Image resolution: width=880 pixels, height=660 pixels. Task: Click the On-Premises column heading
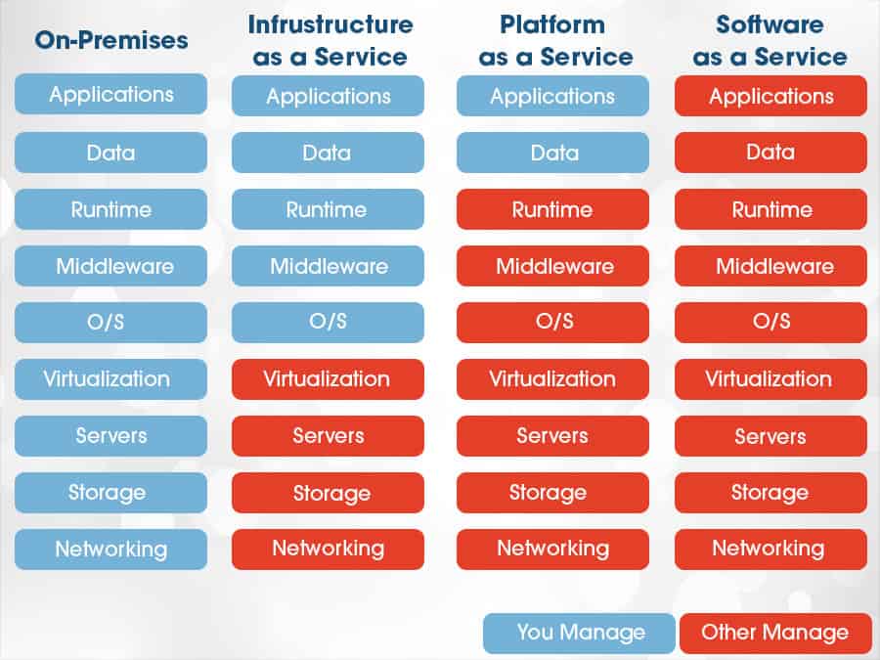(111, 41)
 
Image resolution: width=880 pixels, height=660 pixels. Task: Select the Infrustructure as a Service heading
(330, 40)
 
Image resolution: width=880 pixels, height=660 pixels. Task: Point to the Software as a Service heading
(770, 40)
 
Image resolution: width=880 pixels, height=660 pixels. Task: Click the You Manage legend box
(579, 633)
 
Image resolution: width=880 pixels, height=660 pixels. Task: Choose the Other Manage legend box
(773, 633)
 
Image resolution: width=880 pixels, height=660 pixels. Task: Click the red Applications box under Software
(770, 96)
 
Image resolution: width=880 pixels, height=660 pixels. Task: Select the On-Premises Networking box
(111, 549)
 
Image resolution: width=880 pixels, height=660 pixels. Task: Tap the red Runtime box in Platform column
(552, 209)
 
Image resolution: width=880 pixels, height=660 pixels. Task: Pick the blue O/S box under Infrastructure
(328, 322)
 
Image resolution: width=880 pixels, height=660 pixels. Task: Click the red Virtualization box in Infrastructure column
(328, 378)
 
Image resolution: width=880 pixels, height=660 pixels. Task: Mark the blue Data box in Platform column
(552, 153)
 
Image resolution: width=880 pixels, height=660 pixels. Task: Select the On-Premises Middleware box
(111, 266)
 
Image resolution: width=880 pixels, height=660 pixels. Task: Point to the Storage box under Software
(770, 493)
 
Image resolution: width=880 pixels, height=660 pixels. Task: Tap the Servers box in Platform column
(552, 436)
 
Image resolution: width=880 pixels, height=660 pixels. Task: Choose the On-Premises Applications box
(111, 95)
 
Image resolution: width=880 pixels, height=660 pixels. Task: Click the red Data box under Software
(770, 153)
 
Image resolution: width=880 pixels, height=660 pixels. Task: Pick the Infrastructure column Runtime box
(328, 209)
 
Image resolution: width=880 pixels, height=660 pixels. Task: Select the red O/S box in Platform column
(552, 322)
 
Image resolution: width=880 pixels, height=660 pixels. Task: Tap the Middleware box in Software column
(770, 266)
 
